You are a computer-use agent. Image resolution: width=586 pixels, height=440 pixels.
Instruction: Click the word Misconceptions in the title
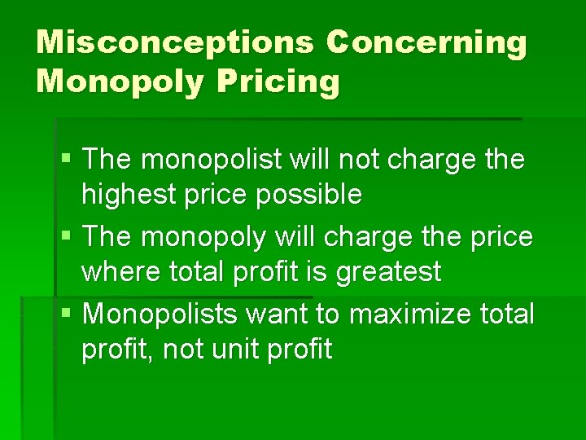click(x=173, y=43)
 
